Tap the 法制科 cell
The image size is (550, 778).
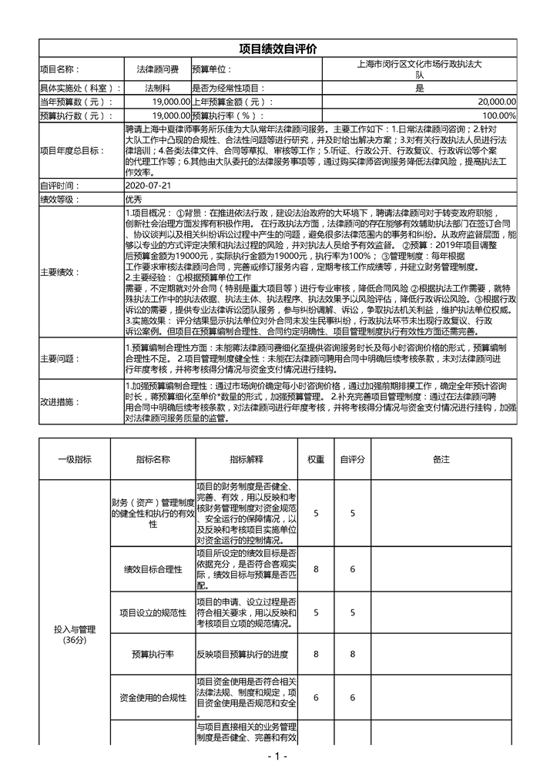tap(157, 88)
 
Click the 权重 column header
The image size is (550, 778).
tap(316, 459)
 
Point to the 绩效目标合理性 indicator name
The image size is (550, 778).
tap(153, 569)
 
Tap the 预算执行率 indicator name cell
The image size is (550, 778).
tap(153, 654)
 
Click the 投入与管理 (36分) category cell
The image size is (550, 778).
tap(75, 634)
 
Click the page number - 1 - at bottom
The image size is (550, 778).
tap(276, 756)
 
